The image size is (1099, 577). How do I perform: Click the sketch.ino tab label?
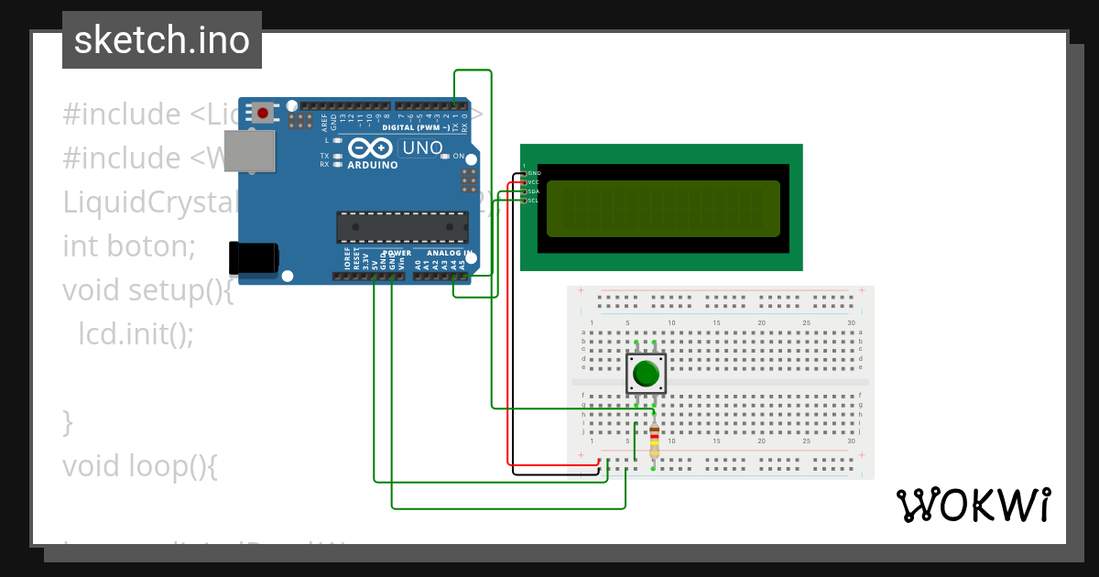tap(162, 40)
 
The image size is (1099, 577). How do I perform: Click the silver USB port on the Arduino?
tap(249, 151)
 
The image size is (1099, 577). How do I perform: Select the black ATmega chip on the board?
tap(402, 226)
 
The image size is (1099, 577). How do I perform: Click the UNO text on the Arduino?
tap(422, 148)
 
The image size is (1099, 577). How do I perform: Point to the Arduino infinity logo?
tap(370, 147)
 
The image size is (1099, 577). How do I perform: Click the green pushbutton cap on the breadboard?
tap(647, 374)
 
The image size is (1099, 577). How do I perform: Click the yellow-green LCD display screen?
tap(663, 209)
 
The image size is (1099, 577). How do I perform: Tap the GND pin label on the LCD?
tap(534, 173)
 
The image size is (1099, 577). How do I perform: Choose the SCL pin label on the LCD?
tap(533, 200)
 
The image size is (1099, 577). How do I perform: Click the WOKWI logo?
tap(973, 505)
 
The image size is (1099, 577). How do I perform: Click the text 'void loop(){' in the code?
tap(139, 466)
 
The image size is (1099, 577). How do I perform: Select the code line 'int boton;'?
tap(129, 246)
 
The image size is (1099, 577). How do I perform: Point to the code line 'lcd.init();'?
tap(136, 334)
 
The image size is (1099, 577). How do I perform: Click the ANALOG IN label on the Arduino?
tap(449, 253)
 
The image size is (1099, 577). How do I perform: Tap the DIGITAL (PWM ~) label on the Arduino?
tap(422, 128)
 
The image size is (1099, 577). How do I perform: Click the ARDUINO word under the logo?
tap(372, 166)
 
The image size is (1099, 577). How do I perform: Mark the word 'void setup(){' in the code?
tap(147, 290)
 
